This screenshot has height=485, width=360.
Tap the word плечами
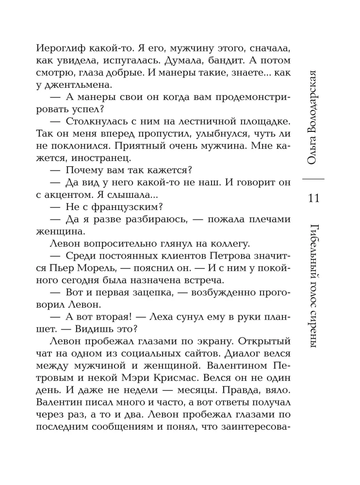[x=263, y=219]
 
